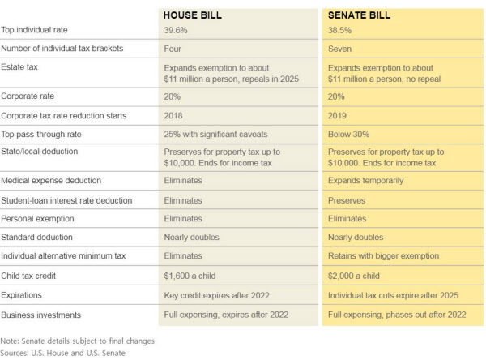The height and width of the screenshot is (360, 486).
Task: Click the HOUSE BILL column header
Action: coord(193,15)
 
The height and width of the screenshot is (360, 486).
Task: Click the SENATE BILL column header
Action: coord(359,15)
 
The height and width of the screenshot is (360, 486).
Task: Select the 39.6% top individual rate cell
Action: coord(176,31)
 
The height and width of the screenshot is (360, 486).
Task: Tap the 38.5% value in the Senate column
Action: coord(339,31)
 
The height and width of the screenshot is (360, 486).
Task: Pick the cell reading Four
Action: coord(173,49)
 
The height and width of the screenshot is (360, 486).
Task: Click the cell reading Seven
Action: coord(339,49)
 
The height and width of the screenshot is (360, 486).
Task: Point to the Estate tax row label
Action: coord(19,67)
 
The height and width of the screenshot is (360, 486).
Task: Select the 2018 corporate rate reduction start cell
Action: coord(173,116)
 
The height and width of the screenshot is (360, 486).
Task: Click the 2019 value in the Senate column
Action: coord(337,116)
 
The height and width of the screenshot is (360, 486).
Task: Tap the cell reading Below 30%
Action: coord(348,135)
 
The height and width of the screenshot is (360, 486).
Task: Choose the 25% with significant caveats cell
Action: coord(215,135)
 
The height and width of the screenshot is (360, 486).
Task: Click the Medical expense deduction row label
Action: coord(51,181)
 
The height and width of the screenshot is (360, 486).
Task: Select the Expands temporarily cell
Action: coord(366,181)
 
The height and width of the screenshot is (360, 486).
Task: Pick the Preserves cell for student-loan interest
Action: coord(347,200)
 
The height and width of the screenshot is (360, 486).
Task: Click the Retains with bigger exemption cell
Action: coord(383,255)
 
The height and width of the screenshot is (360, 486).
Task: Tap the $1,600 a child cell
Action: coord(190,276)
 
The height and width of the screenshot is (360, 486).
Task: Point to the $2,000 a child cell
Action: coord(354,276)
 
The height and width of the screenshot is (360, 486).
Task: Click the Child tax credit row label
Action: coord(28,276)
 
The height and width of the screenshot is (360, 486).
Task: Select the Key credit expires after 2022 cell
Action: coord(216,295)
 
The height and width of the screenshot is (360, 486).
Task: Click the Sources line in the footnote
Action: coord(63,354)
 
